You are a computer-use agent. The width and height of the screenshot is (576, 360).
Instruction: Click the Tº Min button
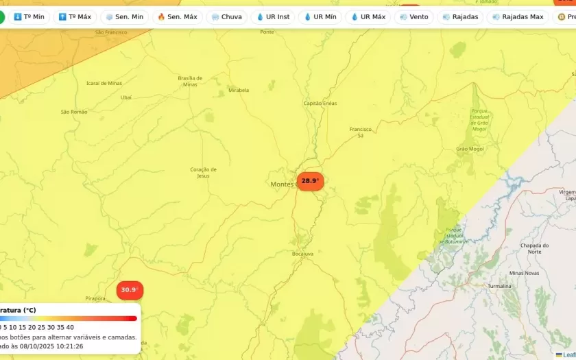coord(29,17)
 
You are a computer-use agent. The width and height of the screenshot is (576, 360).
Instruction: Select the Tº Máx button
coord(75,17)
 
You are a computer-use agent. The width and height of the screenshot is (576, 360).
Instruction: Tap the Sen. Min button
coord(124,17)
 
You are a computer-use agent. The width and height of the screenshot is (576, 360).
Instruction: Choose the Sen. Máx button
coord(177,17)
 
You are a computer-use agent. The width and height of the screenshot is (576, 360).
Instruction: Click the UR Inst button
coord(272,17)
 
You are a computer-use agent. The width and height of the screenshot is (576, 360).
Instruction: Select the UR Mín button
coord(320,17)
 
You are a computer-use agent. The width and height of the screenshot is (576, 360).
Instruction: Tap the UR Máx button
coord(368,17)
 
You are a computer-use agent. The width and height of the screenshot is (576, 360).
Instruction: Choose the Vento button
coord(414,17)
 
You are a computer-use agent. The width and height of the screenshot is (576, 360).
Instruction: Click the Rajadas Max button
coord(518,17)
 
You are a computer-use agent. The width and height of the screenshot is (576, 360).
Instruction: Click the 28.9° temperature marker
coord(310,181)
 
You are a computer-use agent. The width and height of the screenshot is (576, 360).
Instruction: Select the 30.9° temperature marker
coord(129,290)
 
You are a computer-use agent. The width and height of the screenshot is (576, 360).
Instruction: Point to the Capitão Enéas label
coord(320,104)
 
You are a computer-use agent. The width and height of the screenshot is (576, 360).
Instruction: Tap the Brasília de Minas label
coord(190,81)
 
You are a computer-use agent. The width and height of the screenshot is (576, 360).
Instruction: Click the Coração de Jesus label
coord(203,172)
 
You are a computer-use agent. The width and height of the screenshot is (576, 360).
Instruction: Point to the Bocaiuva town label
coord(302,254)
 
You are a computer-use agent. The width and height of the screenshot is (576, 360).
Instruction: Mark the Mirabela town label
coord(239,90)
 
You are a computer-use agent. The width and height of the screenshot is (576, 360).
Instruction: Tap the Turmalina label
coord(499,286)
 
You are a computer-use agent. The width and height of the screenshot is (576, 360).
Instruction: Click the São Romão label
coord(74,112)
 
